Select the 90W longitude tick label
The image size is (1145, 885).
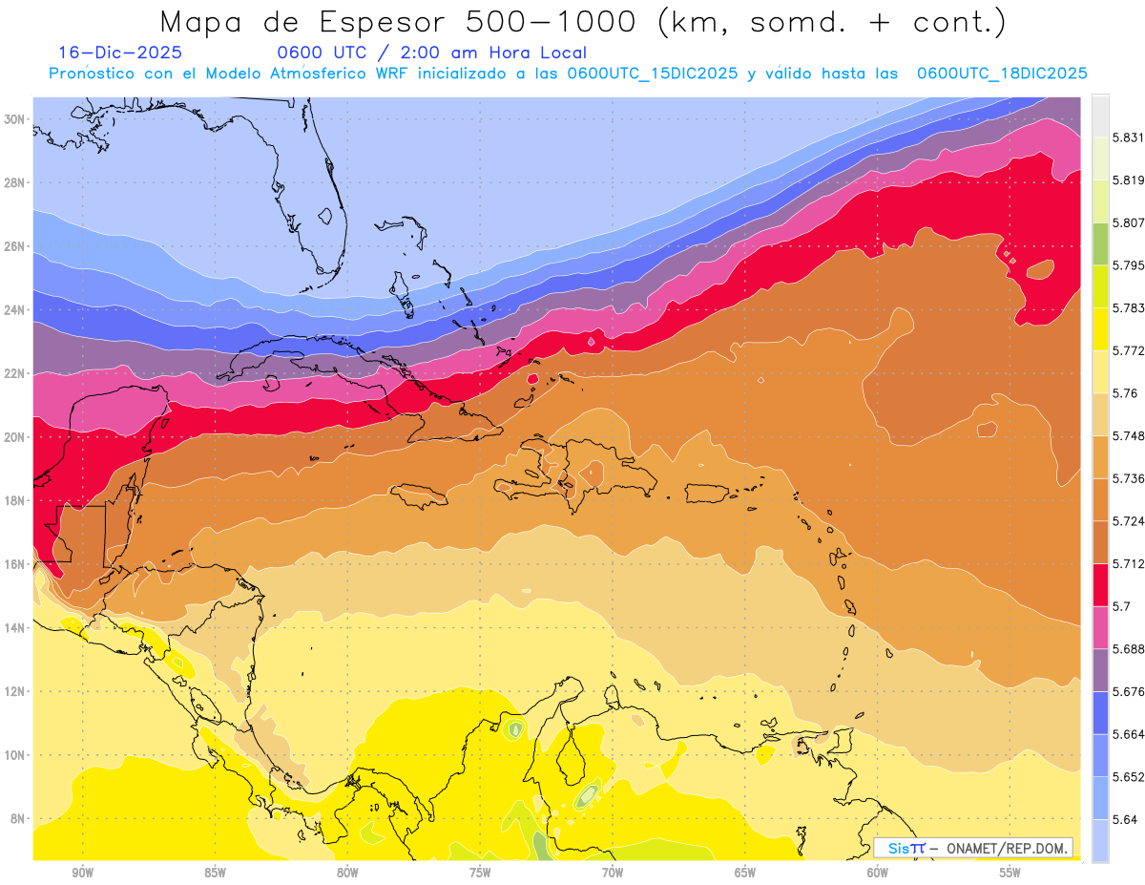click(x=82, y=873)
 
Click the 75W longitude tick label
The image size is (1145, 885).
click(x=480, y=873)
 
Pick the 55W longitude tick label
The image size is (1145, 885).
click(x=1010, y=873)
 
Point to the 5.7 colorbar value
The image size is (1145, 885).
click(x=1122, y=606)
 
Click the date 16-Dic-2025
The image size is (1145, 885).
click(x=120, y=53)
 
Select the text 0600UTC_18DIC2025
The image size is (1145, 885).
click(x=1002, y=74)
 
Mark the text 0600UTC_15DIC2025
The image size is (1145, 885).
click(x=652, y=74)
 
